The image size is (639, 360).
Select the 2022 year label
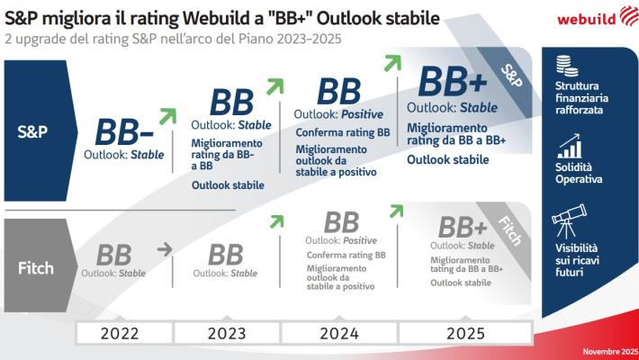[x=119, y=333]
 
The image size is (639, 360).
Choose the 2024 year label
[x=339, y=333]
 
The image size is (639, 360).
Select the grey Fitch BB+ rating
[x=463, y=226]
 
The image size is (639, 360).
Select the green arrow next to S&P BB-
[x=166, y=114]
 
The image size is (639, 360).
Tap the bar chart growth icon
[x=568, y=145]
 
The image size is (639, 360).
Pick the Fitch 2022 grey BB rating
[x=113, y=255]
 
